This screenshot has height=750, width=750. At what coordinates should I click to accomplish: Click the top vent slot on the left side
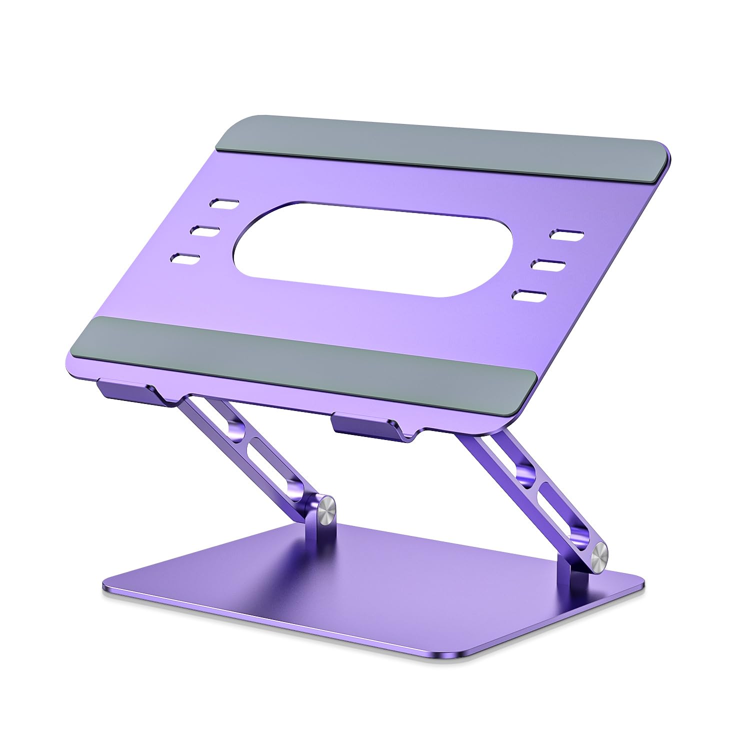[224, 203]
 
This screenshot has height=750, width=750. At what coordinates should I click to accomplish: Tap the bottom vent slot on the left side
[185, 258]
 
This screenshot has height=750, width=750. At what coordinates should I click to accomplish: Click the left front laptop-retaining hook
[125, 390]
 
